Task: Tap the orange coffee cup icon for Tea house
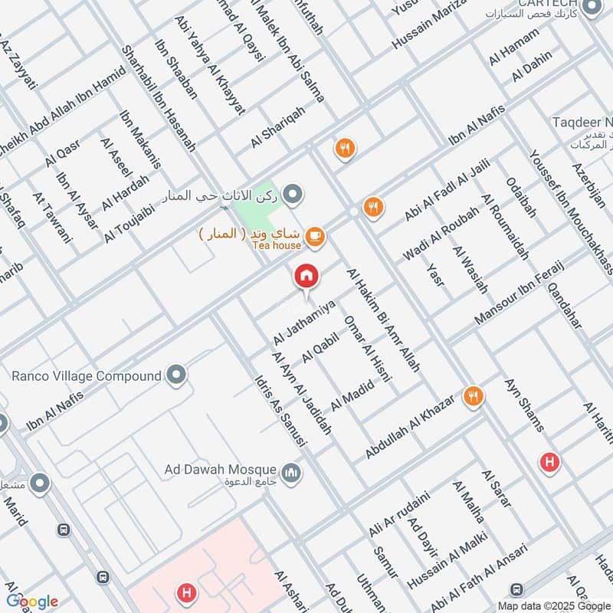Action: pos(313,238)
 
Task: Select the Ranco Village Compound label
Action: pos(87,376)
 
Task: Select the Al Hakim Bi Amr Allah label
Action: pos(383,320)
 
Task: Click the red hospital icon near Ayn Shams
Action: pos(549,463)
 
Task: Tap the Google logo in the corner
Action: pos(32,601)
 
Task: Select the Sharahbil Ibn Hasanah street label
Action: pos(159,97)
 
